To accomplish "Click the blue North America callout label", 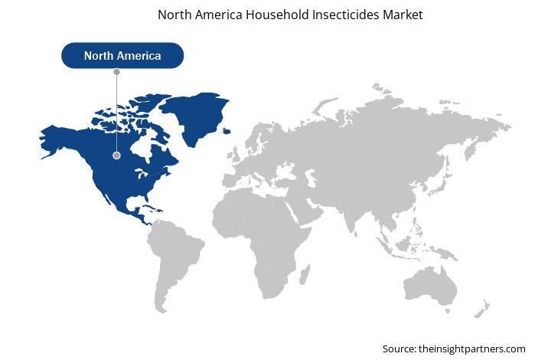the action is pos(122,56).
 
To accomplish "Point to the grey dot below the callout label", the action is pos(116,72).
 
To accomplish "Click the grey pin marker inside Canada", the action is pos(116,155).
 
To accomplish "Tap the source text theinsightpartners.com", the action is pos(472,349).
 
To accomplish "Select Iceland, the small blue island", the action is pos(227,131).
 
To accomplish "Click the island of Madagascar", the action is pos(305,274).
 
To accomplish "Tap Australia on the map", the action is pos(430,286).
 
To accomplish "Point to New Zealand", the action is pos(482,309).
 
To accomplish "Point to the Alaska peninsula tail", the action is pos(49,154).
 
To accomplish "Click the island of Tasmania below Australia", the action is pos(448,311).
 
